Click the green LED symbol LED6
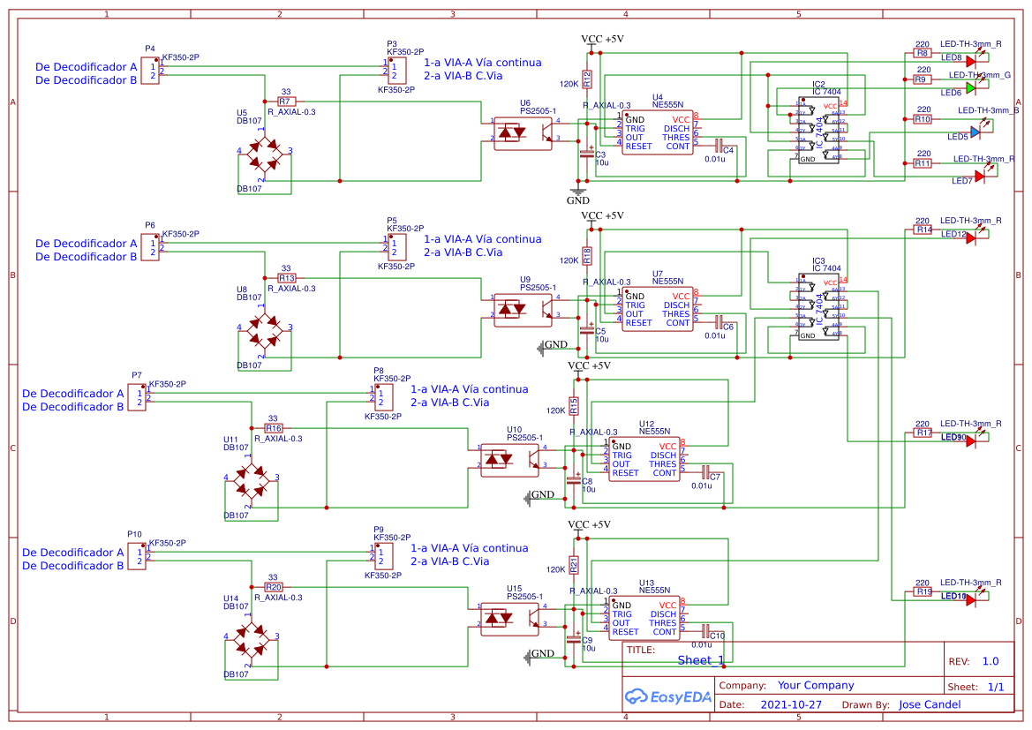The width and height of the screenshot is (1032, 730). tap(971, 87)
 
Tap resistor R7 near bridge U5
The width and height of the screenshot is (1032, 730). tap(286, 102)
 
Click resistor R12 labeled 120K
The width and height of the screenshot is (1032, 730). tap(587, 79)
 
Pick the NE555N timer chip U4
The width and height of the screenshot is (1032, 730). tap(657, 132)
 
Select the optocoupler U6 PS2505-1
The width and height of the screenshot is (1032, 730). tap(522, 132)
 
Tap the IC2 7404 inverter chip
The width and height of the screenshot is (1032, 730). tap(818, 132)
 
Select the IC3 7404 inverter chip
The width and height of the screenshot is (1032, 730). tap(818, 308)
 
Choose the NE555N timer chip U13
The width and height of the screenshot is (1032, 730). tap(644, 618)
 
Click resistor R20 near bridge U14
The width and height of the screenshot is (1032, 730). tap(274, 587)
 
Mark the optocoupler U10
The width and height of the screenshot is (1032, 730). tap(508, 459)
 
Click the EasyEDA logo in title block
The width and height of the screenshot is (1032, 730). tap(664, 697)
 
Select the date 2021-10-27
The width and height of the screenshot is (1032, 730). tap(791, 705)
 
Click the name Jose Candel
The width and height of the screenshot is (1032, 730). tap(930, 704)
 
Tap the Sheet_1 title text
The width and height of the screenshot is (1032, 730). tap(700, 660)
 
